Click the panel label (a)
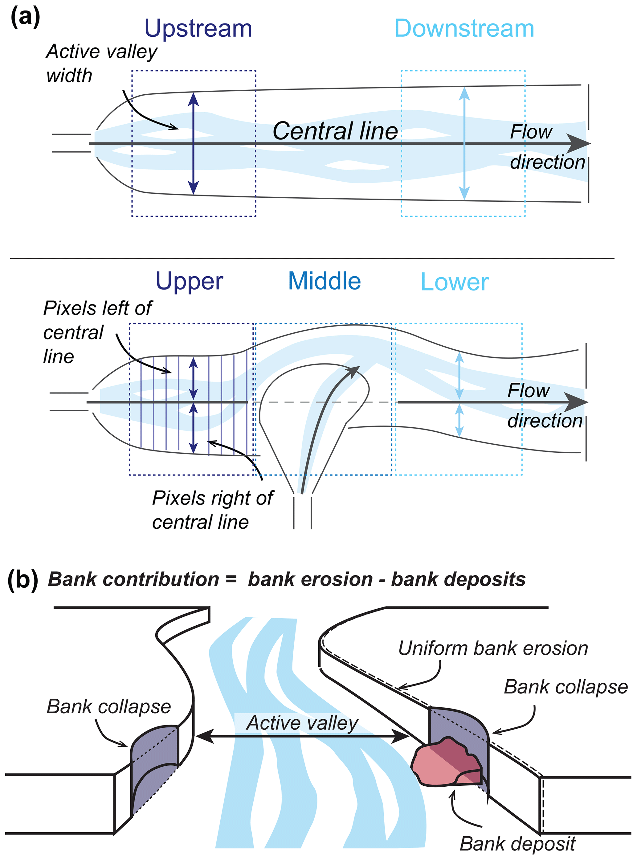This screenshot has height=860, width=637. (25, 18)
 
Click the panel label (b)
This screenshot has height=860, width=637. (23, 580)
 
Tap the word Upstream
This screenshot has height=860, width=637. (198, 29)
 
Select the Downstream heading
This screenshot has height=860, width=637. (464, 29)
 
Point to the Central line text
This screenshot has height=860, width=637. (335, 131)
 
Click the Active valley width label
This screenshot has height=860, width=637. (101, 63)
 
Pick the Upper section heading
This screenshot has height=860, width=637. (189, 281)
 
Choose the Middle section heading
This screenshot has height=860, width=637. (324, 281)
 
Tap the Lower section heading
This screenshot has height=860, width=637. (454, 282)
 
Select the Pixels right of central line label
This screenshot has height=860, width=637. (212, 510)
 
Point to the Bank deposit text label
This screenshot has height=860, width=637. (517, 844)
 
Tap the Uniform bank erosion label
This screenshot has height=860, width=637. (493, 648)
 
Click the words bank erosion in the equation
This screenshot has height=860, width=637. (310, 580)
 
